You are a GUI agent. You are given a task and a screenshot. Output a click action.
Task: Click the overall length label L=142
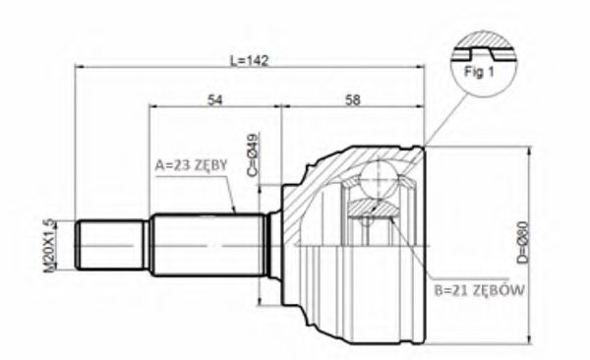coord(250,60)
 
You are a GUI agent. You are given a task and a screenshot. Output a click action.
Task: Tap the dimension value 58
coord(354,98)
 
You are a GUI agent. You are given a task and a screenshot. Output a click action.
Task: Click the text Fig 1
coord(479,71)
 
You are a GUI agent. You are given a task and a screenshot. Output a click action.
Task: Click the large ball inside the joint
coord(377,182)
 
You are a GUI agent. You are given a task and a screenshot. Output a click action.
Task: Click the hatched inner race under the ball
coord(374,206)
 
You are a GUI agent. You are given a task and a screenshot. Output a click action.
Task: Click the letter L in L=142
coord(233,60)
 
